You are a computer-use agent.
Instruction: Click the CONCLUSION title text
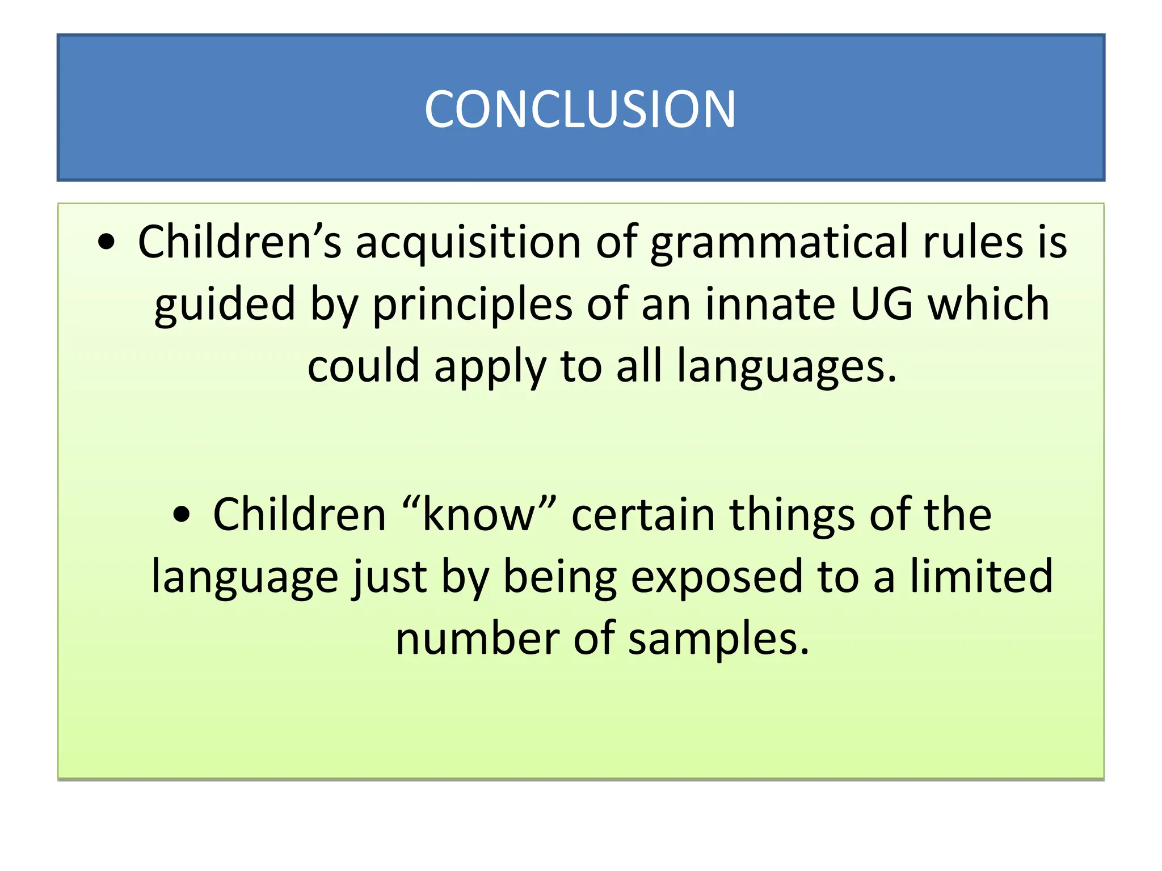[580, 109]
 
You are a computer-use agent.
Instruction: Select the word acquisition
[468, 243]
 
